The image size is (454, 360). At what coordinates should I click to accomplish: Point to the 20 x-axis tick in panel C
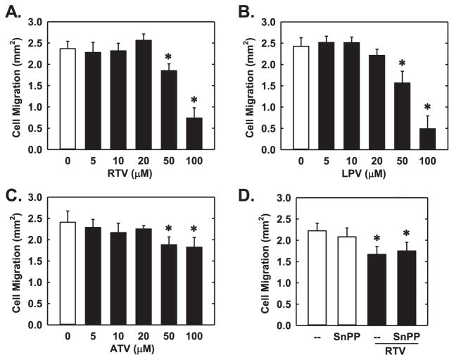[148, 337]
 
